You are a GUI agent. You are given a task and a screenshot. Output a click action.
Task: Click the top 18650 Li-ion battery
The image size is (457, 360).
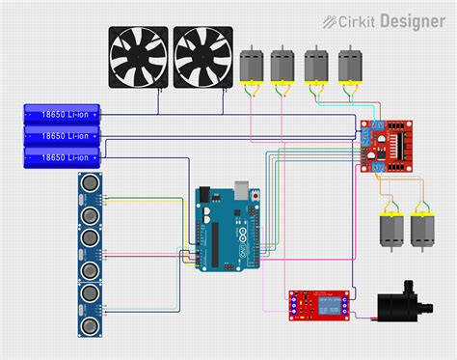click(x=62, y=114)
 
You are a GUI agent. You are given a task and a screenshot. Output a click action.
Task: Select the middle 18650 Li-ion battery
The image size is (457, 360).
click(x=62, y=135)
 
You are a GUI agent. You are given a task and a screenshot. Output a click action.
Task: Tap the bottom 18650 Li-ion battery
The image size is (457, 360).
click(x=62, y=156)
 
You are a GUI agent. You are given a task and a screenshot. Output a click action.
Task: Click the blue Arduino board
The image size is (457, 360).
click(x=226, y=229)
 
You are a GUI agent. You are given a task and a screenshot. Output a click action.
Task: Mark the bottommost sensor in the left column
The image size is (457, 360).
click(x=90, y=317)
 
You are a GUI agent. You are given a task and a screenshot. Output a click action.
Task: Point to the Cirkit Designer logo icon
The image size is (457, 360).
click(x=330, y=19)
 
